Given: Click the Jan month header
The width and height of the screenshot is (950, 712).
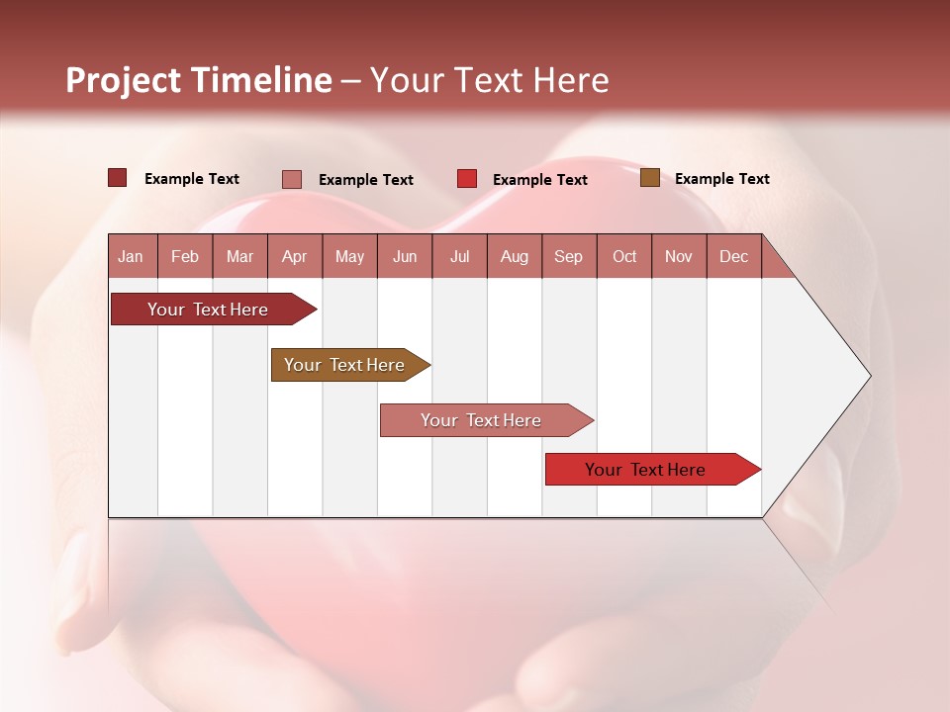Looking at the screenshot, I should coord(132,256).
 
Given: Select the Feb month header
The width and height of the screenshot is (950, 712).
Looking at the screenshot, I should coord(185,256).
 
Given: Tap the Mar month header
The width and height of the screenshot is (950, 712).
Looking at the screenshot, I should coord(239,256).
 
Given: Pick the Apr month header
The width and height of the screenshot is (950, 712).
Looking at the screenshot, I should coord(295,256).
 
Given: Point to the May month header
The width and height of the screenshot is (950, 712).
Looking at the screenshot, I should coord(349,256).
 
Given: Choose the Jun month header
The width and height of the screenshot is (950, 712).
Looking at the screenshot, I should coord(405,256).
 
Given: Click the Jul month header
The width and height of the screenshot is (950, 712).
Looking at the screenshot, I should coord(459,256).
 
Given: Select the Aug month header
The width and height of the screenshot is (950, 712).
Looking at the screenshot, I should coord(515,256).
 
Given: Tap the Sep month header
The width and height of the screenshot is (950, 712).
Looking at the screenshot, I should coord(569,256).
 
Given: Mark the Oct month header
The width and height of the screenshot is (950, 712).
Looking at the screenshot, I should coord(624,256).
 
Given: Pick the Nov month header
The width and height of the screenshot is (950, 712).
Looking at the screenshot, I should coord(679,256).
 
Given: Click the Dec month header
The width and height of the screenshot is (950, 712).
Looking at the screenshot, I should coord(734,256).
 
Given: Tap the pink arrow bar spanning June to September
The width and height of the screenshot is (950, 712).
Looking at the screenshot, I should coord(482,420).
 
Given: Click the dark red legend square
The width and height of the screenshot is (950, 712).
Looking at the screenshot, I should coord(118,178).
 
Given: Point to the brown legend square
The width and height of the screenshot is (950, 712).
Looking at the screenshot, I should coord(649,178).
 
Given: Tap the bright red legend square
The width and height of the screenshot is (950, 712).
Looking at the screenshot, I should coord(467,179).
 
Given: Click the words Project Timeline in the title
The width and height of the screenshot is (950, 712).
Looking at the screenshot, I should coord(199,80).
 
